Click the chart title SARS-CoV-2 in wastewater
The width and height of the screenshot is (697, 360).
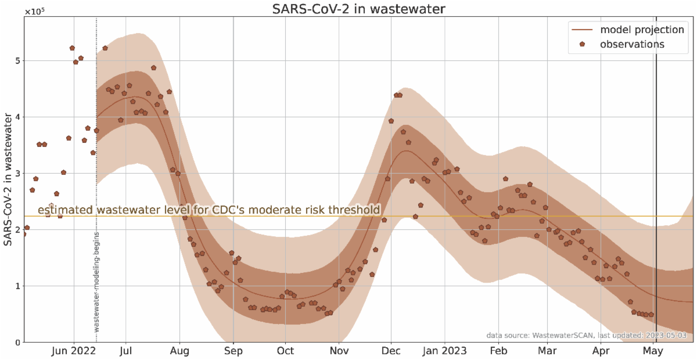[x=355, y=9]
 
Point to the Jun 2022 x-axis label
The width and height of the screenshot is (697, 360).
[x=74, y=351]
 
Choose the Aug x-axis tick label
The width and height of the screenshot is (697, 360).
[x=179, y=351]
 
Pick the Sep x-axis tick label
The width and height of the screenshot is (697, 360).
[x=233, y=351]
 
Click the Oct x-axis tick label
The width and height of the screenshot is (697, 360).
[x=285, y=351]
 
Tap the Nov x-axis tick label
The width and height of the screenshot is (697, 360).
[x=339, y=351]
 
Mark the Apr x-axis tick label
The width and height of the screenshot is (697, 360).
[x=601, y=351]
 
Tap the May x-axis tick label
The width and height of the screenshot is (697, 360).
[x=654, y=351]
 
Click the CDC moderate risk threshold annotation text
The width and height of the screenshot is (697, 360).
[x=209, y=210]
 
